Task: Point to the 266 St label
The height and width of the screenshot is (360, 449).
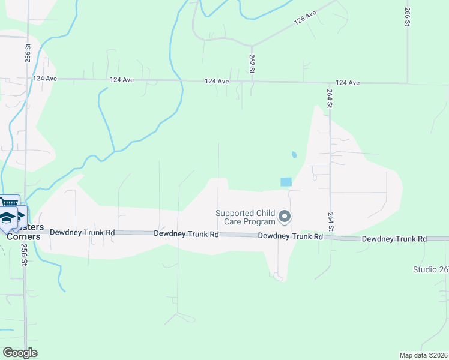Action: (x=407, y=17)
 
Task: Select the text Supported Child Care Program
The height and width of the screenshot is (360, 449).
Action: (x=246, y=217)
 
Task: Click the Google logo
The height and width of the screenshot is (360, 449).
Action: (x=20, y=352)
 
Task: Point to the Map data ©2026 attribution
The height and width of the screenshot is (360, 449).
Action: (x=424, y=355)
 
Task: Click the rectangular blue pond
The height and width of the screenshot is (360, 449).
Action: (x=285, y=181)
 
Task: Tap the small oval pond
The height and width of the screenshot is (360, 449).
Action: (x=294, y=155)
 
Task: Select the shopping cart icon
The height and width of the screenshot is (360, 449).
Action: (x=8, y=203)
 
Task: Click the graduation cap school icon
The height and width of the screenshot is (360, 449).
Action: (x=7, y=218)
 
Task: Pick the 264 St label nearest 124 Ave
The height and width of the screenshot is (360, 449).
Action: (x=330, y=98)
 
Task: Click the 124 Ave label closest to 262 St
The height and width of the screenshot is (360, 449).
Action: (x=217, y=81)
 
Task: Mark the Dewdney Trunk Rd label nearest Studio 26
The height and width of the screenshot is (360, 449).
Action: (x=394, y=239)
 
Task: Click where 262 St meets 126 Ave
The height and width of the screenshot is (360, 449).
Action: (x=252, y=46)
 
